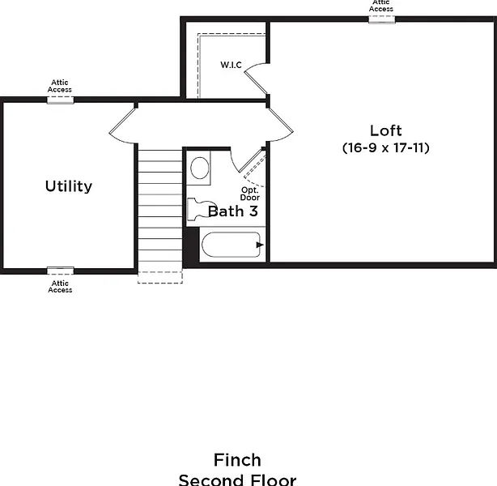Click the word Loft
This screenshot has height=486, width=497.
tap(385, 130)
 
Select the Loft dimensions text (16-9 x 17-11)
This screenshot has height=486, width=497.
tap(385, 148)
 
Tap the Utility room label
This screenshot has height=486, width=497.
tap(68, 186)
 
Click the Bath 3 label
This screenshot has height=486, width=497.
tap(233, 211)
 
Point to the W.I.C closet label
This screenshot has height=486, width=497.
tap(232, 65)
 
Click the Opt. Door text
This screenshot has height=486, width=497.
tap(249, 194)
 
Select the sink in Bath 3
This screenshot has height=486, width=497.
tap(199, 168)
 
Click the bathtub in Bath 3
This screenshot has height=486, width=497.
tap(231, 245)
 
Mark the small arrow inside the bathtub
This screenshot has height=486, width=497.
tap(257, 243)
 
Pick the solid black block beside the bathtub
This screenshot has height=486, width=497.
tap(191, 245)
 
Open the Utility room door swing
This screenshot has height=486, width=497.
tap(122, 124)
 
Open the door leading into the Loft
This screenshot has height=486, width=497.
tap(279, 122)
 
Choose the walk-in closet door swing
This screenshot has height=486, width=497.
tap(256, 76)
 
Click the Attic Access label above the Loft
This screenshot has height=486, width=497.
tap(381, 6)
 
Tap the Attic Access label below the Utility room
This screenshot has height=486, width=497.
tap(60, 286)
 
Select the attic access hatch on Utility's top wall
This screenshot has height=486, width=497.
tap(60, 100)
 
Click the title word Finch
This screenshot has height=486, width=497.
tap(237, 461)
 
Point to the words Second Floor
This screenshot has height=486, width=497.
tap(237, 480)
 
